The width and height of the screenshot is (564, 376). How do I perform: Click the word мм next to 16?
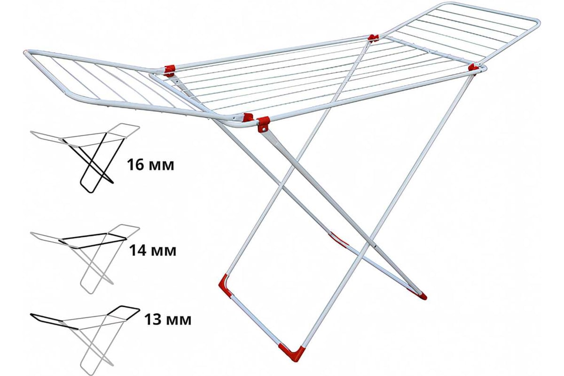163,166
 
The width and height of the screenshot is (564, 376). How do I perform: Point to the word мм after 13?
180,321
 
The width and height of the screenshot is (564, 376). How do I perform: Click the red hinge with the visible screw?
263,124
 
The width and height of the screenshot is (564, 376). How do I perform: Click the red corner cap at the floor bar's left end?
225,286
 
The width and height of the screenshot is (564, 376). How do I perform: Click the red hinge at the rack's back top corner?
374,38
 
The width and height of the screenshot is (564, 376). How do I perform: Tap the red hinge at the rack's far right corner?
473,68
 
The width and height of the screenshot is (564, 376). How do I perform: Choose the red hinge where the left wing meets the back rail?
169,71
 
